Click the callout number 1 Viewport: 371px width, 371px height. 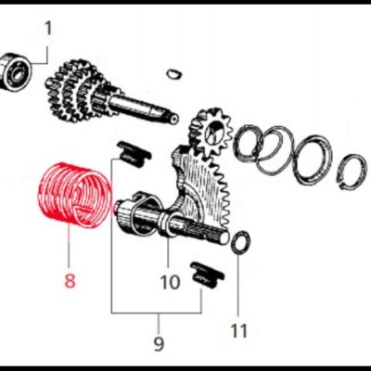(x=48, y=29)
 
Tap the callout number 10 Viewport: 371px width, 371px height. (x=170, y=282)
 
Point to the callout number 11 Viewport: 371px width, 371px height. (x=239, y=330)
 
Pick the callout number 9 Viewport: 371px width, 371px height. (x=159, y=343)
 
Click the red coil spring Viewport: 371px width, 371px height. (x=74, y=196)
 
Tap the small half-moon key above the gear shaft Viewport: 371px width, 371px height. (x=173, y=73)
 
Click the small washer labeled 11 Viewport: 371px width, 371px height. (x=241, y=242)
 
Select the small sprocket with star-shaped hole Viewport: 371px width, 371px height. (x=212, y=132)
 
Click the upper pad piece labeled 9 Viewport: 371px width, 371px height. (x=134, y=154)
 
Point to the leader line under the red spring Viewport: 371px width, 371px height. (x=70, y=247)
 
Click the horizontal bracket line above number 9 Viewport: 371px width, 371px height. (x=157, y=313)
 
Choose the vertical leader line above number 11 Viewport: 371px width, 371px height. (x=238, y=285)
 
